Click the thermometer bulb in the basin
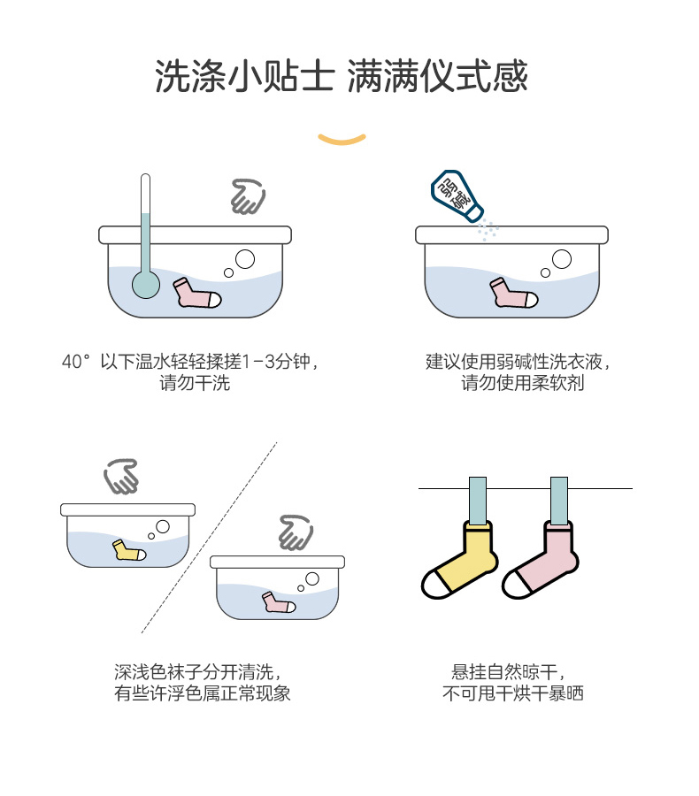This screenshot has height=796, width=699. click(145, 284)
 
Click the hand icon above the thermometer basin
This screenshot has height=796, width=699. click(248, 196)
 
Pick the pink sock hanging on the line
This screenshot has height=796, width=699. click(541, 563)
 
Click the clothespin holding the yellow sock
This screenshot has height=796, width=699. click(478, 501)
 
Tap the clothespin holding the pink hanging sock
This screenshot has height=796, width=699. click(558, 501)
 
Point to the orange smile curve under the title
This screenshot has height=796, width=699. click(342, 138)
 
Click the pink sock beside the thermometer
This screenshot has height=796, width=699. click(197, 293)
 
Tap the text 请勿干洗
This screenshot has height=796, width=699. click(195, 384)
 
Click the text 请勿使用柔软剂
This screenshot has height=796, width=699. click(522, 384)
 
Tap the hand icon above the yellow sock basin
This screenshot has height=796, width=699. click(121, 477)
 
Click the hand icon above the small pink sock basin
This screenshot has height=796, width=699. click(296, 532)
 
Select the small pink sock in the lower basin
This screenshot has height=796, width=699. click(278, 603)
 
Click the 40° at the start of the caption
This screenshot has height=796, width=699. click(76, 362)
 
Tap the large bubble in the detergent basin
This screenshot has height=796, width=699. click(563, 259)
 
